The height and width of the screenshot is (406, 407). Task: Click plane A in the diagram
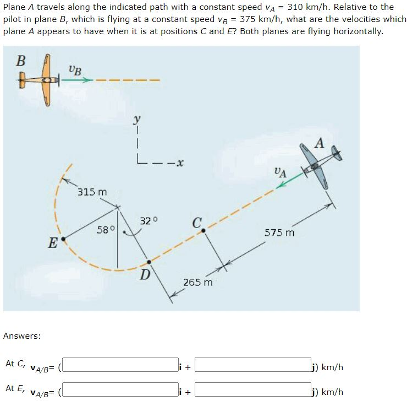click(320, 165)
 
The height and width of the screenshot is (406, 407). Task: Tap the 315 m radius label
click(92, 192)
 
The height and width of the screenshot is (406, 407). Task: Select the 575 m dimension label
click(279, 232)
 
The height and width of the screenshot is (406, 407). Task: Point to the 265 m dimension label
click(198, 283)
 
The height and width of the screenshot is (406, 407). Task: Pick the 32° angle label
click(148, 221)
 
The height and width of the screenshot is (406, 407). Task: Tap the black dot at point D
click(148, 262)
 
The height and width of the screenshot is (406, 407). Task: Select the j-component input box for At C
click(252, 366)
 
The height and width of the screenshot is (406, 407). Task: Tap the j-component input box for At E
click(252, 392)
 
